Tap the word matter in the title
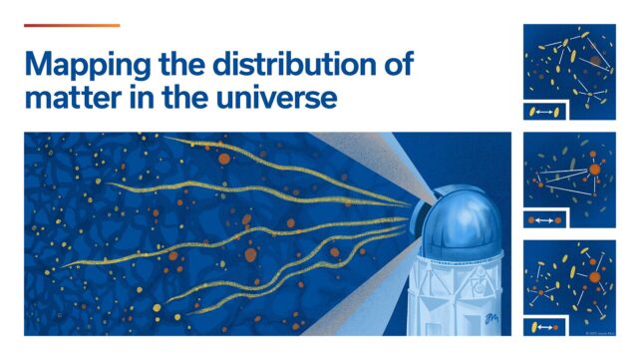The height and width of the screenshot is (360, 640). tap(66, 99)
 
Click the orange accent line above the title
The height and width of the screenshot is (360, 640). tap(71, 26)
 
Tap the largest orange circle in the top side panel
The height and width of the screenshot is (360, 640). tap(595, 62)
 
